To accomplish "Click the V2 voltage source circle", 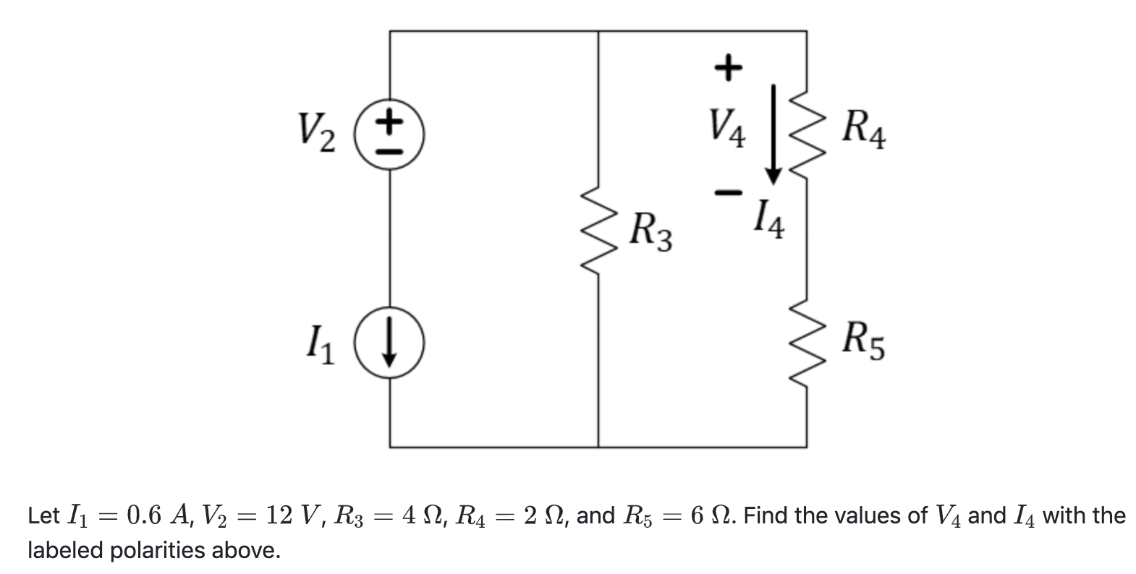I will click(390, 134).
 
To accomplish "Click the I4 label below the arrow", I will click(768, 220).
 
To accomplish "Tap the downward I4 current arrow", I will click(773, 134).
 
